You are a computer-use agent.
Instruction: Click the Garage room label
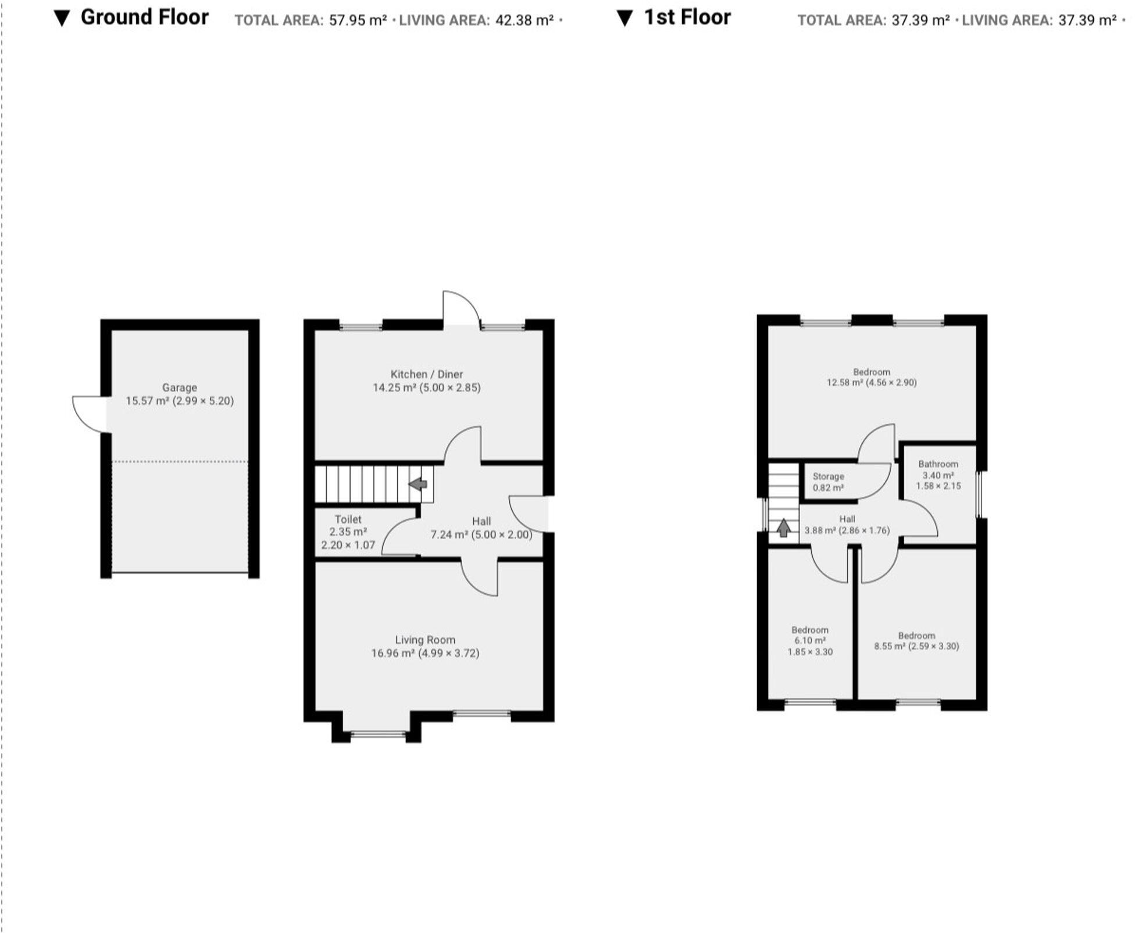tap(179, 387)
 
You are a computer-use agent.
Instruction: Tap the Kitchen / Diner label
tap(426, 374)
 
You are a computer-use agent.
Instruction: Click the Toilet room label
tap(348, 519)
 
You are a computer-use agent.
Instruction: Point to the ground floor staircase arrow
tap(417, 483)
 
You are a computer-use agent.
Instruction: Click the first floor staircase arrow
tap(783, 527)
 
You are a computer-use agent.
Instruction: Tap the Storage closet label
tap(828, 476)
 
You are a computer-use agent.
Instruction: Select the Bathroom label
tap(938, 464)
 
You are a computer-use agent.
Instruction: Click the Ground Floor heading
tap(144, 17)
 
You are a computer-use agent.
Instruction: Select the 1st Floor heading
tap(687, 17)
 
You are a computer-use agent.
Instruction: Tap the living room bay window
tap(378, 734)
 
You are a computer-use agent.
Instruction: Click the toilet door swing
tap(398, 537)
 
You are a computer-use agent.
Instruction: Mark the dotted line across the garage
tap(179, 462)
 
